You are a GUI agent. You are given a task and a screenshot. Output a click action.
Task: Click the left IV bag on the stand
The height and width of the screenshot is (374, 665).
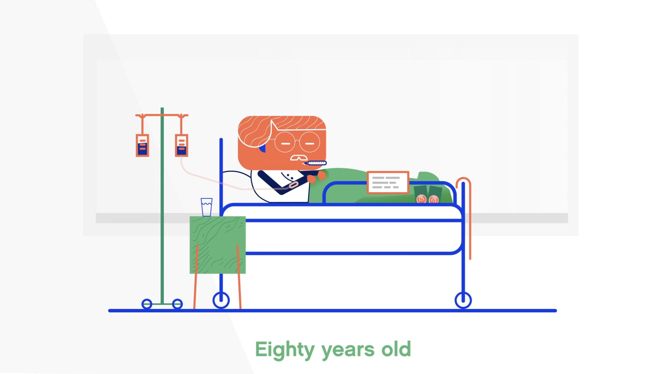142,146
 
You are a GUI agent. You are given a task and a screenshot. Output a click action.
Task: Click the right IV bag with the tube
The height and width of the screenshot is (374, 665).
181,146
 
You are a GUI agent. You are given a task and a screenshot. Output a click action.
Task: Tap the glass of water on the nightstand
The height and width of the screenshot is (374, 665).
206,207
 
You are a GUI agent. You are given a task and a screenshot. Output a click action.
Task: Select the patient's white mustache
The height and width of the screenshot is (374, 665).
299,158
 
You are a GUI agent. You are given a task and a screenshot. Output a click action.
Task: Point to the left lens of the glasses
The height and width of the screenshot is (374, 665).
285,142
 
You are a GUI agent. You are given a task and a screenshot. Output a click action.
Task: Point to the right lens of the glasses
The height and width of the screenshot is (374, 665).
310,142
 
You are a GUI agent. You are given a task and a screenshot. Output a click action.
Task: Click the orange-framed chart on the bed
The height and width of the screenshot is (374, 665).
388,182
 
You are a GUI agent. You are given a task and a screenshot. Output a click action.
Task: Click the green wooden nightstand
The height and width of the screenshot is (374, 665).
218,245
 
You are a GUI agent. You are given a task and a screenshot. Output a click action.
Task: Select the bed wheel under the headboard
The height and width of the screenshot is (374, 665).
221,300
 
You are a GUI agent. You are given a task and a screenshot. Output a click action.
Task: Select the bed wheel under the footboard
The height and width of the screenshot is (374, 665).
463,300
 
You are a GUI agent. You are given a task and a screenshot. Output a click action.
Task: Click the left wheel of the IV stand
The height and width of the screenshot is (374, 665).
147,304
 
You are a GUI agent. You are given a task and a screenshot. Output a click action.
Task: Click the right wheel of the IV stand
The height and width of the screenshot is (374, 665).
177,304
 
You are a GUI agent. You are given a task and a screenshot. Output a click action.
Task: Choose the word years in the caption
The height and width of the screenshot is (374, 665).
348,351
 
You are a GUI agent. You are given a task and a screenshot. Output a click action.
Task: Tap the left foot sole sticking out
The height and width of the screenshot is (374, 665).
421,199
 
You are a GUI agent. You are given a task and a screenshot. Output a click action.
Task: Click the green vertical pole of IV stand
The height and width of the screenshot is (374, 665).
162,213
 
